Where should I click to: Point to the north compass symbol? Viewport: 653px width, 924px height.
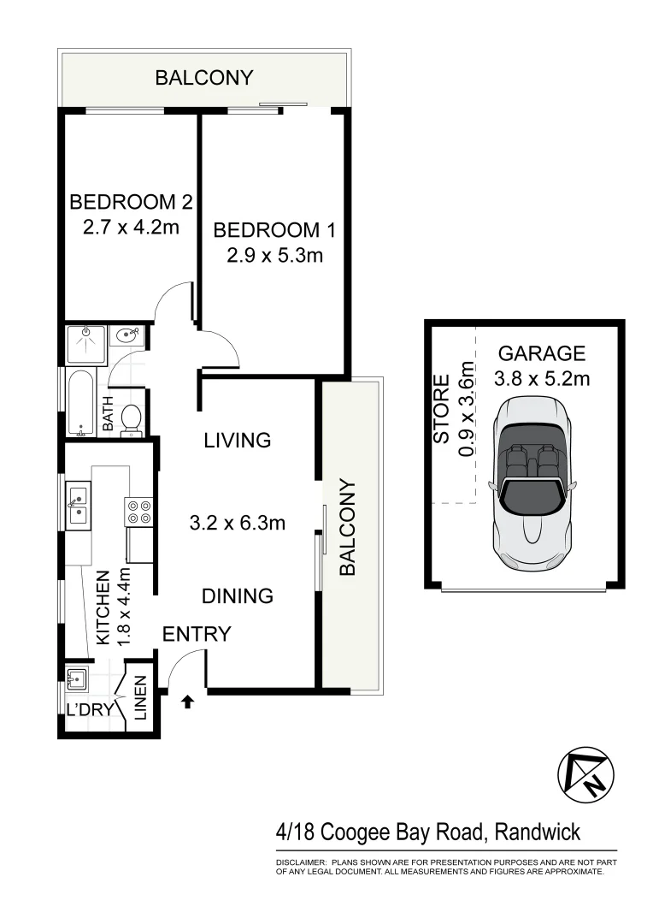tap(585, 774)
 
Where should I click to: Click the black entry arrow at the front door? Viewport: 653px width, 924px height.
tap(188, 702)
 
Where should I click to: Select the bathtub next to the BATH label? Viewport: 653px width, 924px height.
tap(80, 403)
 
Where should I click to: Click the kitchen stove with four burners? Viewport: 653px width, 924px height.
tap(139, 511)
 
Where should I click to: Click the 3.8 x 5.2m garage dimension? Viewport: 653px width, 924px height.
tap(542, 377)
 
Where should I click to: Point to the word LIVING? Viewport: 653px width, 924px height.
tap(237, 441)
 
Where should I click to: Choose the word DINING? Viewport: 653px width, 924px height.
tap(238, 595)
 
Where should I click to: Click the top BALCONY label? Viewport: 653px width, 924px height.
tap(203, 78)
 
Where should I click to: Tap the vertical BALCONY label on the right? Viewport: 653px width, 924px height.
tap(348, 527)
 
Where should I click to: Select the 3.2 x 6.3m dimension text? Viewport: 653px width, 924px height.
tap(237, 522)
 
